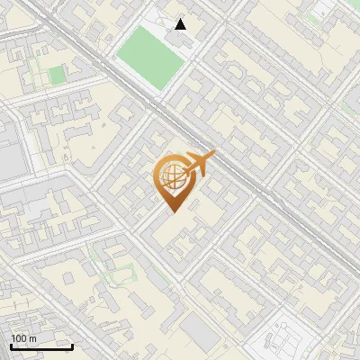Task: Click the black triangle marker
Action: click(x=181, y=24)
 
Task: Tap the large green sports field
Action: click(x=150, y=58)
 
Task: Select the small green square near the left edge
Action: click(x=57, y=76)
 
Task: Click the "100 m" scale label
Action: click(x=23, y=338)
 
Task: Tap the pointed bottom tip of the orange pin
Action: click(x=171, y=212)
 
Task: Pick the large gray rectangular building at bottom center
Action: click(x=200, y=333)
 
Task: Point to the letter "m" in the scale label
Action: click(x=31, y=338)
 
